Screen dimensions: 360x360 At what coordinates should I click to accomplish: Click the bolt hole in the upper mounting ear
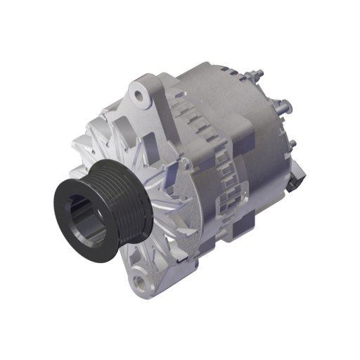[x=142, y=91]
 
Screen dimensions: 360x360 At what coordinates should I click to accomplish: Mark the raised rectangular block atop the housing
[x=232, y=130]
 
